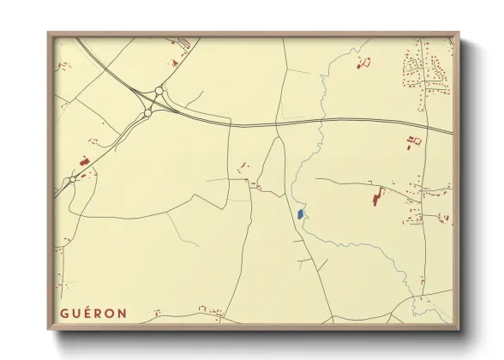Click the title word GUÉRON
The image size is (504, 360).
point(93,314)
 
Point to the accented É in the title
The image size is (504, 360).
point(87,313)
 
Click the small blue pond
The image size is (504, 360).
point(299,213)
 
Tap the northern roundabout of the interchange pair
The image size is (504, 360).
point(159,92)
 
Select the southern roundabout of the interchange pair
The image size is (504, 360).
point(148,112)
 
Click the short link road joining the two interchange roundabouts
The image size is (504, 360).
point(153,102)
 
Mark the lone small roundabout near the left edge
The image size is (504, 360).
point(73,180)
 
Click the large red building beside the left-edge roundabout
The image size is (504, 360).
point(83,160)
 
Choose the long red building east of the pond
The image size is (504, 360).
point(375,199)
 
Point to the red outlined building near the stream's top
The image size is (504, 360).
point(363,62)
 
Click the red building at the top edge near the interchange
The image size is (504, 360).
point(183,43)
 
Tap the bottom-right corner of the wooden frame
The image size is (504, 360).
point(459,333)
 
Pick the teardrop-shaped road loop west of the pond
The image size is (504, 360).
point(272,167)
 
